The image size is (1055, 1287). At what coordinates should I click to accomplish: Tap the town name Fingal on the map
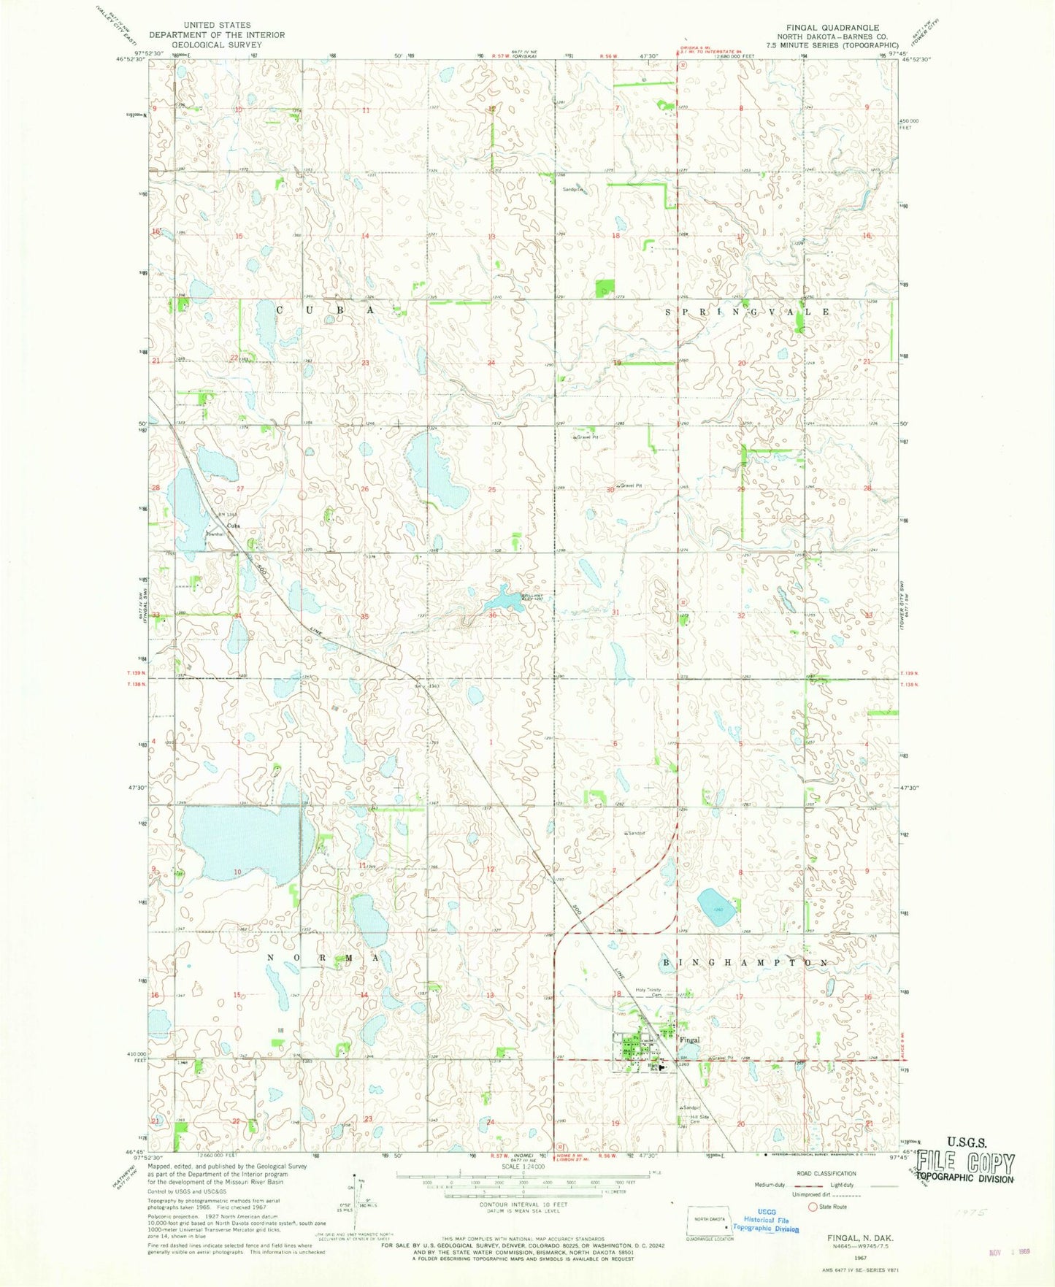(689, 1040)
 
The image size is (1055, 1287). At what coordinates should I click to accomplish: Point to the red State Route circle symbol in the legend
(812, 1207)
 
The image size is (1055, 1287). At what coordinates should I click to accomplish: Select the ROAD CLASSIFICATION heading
(826, 1174)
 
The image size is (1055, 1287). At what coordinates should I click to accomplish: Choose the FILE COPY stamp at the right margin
(965, 1164)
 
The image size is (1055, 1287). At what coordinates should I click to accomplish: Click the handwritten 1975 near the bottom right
(970, 1211)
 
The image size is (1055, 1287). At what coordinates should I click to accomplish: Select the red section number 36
(492, 615)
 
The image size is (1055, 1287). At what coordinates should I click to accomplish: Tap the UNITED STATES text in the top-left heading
(217, 25)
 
